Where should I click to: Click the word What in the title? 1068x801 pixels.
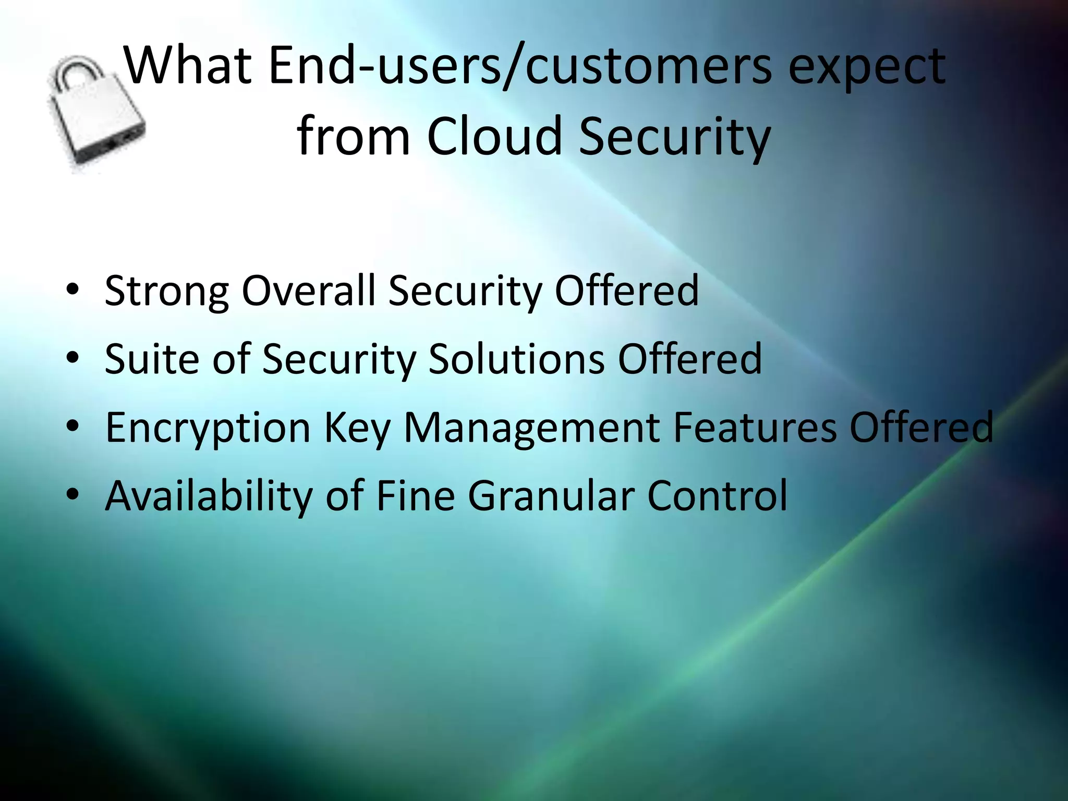pos(188,67)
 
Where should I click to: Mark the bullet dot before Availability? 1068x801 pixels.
pos(72,494)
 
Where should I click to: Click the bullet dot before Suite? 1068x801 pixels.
pos(72,357)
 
